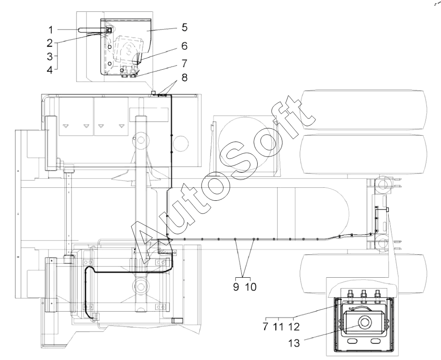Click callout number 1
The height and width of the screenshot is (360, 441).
(51, 30)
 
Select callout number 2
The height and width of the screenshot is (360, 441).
(50, 43)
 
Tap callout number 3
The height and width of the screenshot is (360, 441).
(50, 56)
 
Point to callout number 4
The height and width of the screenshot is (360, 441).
(50, 69)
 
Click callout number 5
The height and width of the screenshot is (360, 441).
(184, 28)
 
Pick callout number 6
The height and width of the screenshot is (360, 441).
(184, 46)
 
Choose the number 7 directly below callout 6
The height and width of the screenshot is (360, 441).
(184, 63)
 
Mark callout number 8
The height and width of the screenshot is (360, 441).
(184, 77)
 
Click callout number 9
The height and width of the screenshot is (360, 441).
(236, 287)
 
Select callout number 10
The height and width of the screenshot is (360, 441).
(251, 287)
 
